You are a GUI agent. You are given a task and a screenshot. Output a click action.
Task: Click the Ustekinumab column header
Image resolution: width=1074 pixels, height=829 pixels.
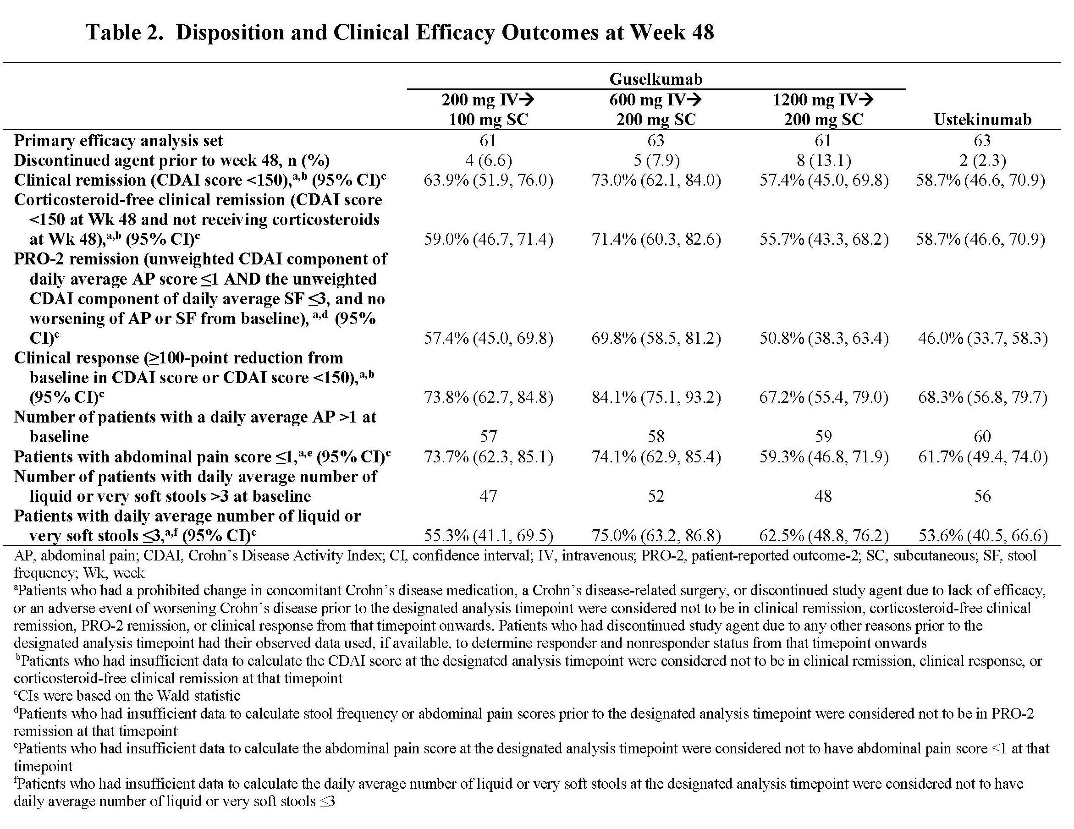pos(982,120)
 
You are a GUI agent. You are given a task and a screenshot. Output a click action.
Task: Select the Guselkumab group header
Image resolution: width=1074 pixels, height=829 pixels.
pos(655,79)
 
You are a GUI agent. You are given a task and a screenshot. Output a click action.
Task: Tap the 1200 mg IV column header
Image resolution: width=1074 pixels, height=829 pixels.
pos(823,110)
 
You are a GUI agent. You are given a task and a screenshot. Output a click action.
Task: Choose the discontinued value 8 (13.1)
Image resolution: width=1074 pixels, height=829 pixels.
pos(823,160)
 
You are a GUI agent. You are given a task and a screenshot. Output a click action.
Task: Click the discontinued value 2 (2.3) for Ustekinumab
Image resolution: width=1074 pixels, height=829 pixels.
pos(982,160)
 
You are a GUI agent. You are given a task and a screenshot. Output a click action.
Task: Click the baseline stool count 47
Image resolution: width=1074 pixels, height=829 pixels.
pos(488,496)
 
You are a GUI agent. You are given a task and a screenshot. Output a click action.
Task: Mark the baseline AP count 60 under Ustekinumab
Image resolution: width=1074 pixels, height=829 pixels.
pos(982,437)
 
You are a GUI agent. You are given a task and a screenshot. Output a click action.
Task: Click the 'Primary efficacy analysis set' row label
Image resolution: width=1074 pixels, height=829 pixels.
pos(118,141)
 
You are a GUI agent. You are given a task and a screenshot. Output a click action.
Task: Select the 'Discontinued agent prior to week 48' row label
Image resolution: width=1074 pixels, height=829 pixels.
pos(171,160)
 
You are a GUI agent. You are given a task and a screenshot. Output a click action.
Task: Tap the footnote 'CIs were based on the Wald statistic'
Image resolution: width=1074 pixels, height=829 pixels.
pos(127,696)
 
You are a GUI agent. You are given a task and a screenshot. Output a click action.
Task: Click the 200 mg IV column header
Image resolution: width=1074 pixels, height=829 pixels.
pos(488,110)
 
